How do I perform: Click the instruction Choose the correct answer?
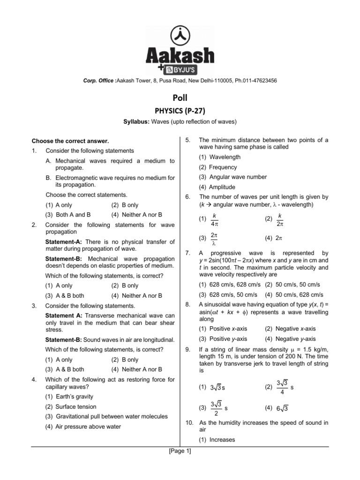tap(70, 141)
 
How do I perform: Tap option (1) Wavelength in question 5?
tap(219, 157)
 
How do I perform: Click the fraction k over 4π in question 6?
tap(214, 219)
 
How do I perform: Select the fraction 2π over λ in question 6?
tap(214, 239)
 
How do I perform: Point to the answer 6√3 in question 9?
tap(282, 408)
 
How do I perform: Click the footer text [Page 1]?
tap(180, 451)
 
